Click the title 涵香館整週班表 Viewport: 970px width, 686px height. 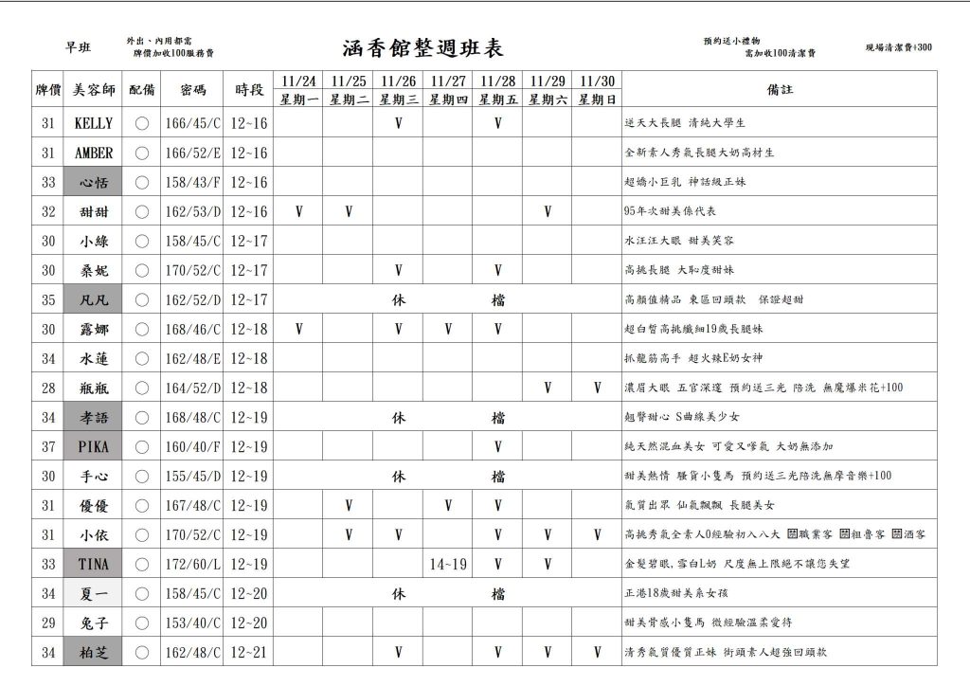422,49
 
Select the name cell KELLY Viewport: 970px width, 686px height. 93,123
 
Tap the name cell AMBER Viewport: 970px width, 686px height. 93,153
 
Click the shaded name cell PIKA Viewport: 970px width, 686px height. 93,446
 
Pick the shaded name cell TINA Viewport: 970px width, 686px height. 93,565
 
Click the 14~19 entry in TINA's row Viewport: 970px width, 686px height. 447,565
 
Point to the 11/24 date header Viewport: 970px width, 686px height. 298,81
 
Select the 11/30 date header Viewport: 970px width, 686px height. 597,81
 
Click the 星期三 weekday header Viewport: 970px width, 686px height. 398,99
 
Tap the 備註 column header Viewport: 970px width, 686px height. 780,90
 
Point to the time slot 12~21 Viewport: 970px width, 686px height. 249,653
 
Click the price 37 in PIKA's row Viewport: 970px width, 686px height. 48,446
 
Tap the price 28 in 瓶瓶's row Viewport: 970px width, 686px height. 48,388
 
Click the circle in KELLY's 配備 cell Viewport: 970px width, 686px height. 142,123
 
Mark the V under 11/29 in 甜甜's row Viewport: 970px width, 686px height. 548,211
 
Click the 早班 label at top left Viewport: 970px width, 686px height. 78,48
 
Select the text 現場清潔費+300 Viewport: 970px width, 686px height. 898,47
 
